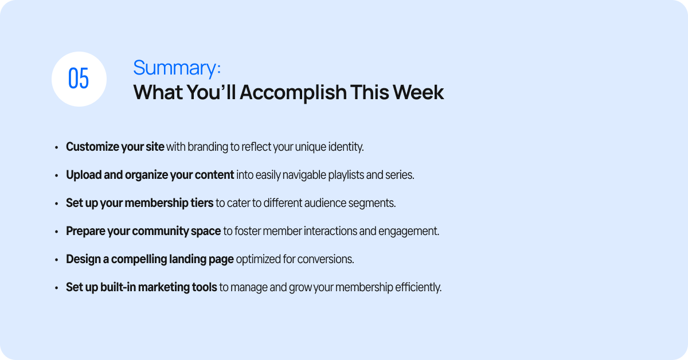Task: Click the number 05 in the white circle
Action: click(x=79, y=79)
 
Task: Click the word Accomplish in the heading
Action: click(x=293, y=93)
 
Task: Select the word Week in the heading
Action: click(x=418, y=92)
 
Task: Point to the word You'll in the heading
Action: click(x=212, y=92)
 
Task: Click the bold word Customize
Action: click(x=92, y=147)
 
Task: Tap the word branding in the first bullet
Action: click(x=208, y=147)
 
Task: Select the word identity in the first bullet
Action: click(x=346, y=147)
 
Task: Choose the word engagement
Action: click(x=409, y=231)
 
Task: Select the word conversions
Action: click(x=326, y=259)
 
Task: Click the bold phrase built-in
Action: click(x=118, y=287)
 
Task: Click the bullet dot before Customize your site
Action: click(x=57, y=148)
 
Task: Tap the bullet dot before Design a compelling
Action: click(x=57, y=260)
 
